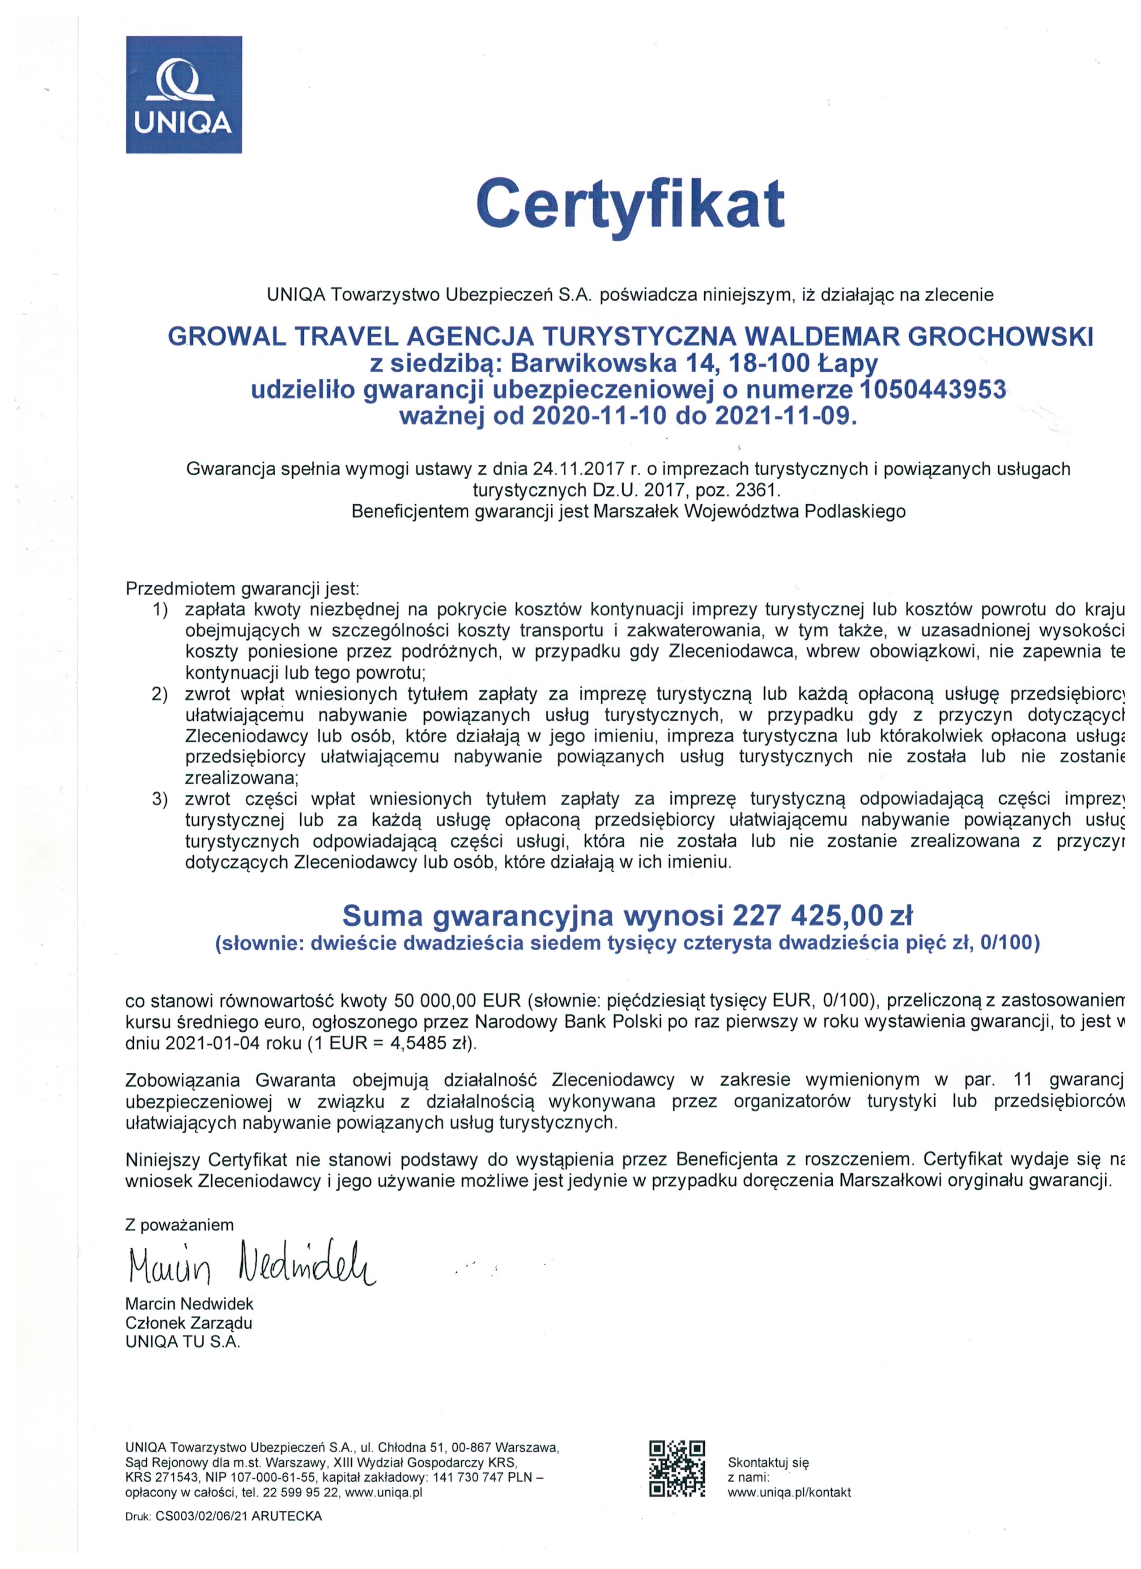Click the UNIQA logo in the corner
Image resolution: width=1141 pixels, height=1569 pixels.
183,95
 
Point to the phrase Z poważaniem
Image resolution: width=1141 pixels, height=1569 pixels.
179,1225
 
